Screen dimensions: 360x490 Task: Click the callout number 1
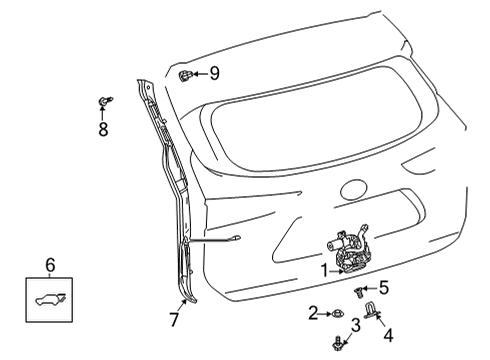pyautogui.click(x=323, y=268)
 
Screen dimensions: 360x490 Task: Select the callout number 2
pyautogui.click(x=313, y=314)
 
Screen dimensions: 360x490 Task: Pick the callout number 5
pyautogui.click(x=383, y=287)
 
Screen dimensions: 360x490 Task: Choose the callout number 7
pyautogui.click(x=173, y=320)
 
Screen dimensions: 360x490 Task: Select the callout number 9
pyautogui.click(x=213, y=73)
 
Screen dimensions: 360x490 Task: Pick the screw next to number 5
pyautogui.click(x=358, y=289)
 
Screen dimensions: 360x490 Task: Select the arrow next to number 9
pyautogui.click(x=199, y=73)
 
